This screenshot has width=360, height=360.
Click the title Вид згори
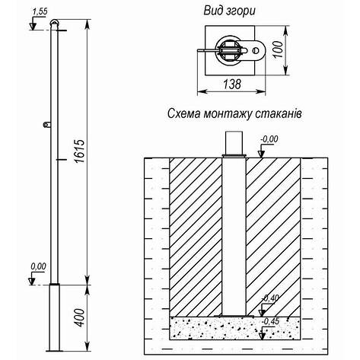pyautogui.click(x=230, y=11)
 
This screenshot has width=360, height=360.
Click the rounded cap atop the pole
pyautogui.click(x=53, y=25)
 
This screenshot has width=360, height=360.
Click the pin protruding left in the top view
pyautogui.click(x=203, y=53)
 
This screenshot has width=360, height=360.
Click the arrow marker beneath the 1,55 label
pyautogui.click(x=33, y=26)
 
